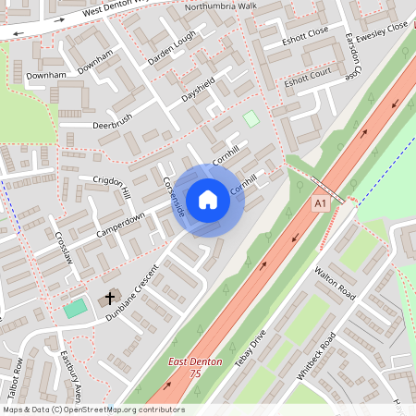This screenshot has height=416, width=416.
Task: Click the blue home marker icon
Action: tap(208, 199)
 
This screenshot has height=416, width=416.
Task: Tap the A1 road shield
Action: tap(321, 202)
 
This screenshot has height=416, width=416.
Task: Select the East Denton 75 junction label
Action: tap(196, 367)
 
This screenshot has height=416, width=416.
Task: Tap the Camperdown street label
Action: tap(121, 224)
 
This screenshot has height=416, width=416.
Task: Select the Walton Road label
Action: tap(335, 281)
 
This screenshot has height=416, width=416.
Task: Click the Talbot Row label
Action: tap(18, 382)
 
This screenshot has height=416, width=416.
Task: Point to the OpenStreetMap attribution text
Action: tap(81, 409)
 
